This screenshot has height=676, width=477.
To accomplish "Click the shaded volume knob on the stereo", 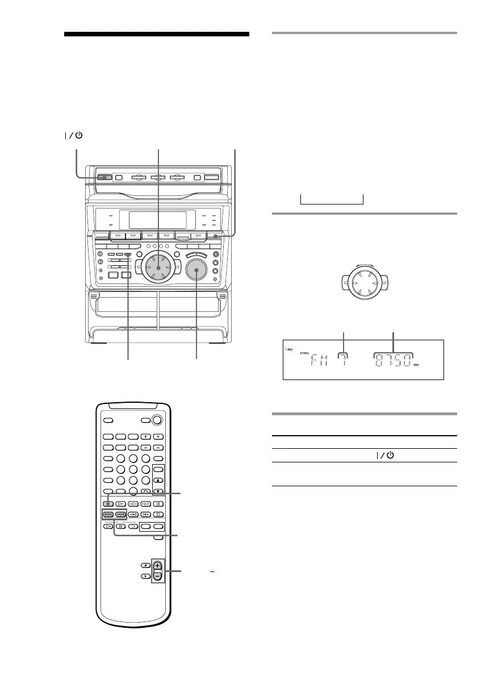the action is tap(197, 272).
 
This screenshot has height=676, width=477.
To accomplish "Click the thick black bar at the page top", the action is tap(157, 35).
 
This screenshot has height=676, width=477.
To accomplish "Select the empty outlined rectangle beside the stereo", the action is tap(331, 199).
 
